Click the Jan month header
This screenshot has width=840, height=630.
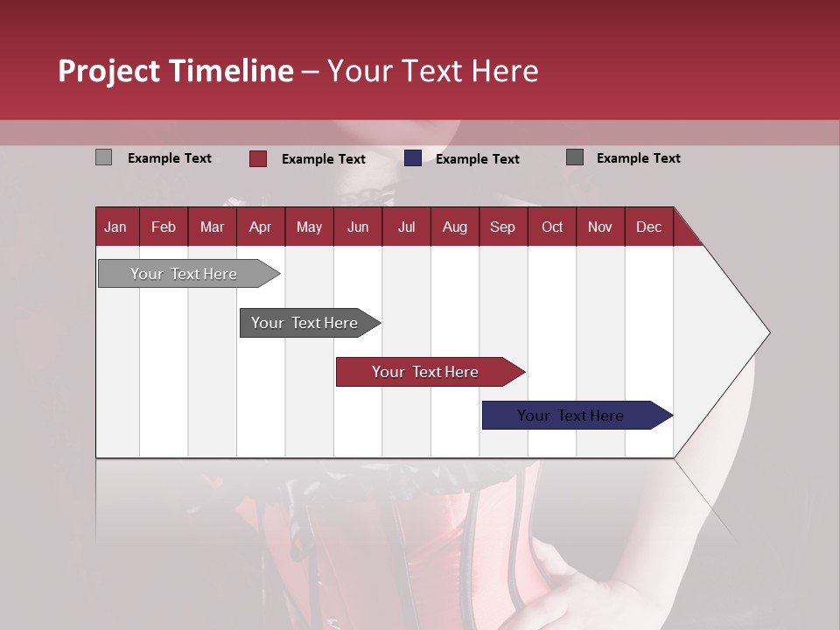point(115,227)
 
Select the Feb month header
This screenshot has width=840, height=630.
point(164,227)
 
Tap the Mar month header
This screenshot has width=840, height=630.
point(212,227)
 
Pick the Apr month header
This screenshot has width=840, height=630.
point(260,227)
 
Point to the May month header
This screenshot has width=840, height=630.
point(309,227)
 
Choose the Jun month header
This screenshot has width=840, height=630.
point(358,227)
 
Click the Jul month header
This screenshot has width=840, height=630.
point(406,227)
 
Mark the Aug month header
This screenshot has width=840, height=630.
point(454,227)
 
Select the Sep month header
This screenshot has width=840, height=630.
point(502,227)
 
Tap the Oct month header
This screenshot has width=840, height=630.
point(552,227)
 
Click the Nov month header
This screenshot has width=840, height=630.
point(600,227)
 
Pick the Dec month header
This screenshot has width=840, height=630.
point(648,227)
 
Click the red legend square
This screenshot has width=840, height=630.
point(257,158)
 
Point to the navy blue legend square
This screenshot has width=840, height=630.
point(413,158)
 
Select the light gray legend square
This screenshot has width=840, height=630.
point(103,157)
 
